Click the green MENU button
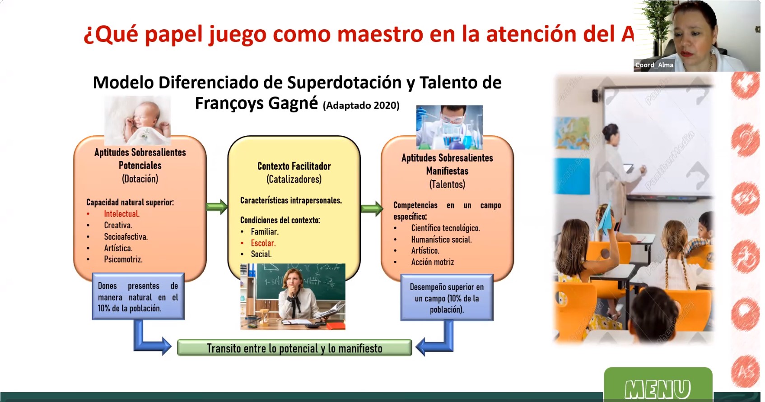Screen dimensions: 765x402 (x=658, y=384)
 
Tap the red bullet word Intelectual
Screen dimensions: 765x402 (x=121, y=214)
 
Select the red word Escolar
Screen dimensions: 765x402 (x=263, y=243)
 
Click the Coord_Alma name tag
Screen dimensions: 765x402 (x=654, y=65)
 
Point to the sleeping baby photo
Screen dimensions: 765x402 (x=137, y=120)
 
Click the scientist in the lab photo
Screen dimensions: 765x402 (x=449, y=127)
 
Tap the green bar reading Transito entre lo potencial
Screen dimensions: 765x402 (x=294, y=348)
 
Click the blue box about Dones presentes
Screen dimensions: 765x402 (x=138, y=296)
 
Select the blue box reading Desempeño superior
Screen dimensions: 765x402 (x=447, y=298)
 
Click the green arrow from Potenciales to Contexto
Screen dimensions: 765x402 (x=217, y=207)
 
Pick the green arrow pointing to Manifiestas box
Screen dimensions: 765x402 (x=372, y=208)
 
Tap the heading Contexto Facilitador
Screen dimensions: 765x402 (x=294, y=166)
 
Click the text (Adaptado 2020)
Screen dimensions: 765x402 (x=361, y=106)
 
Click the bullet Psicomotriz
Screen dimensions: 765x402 (x=123, y=259)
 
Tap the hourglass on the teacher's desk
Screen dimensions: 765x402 (x=264, y=316)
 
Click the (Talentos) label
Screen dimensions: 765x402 (x=447, y=185)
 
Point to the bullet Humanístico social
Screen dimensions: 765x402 (x=441, y=240)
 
